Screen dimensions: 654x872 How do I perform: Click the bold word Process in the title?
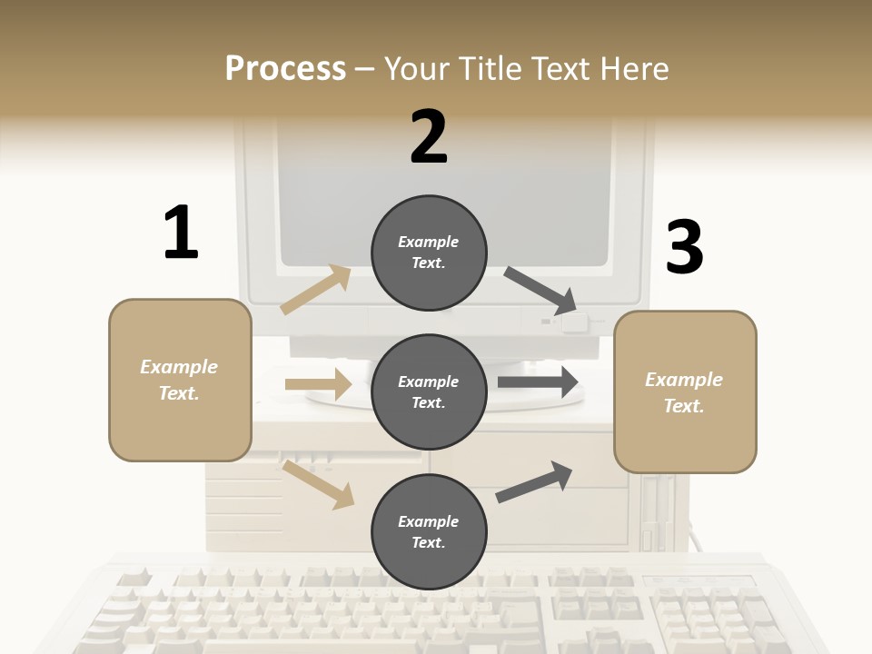pos(285,69)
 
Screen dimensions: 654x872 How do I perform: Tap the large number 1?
pos(181,233)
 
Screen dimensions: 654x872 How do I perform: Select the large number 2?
pos(429,137)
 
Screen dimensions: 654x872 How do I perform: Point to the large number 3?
pos(684,247)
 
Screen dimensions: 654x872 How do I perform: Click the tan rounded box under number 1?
pos(180,380)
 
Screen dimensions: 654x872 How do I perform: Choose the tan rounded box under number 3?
pos(685,392)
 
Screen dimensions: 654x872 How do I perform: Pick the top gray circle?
pos(429,253)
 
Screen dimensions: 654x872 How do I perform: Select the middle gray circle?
pos(429,391)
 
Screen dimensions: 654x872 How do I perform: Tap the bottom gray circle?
pos(429,531)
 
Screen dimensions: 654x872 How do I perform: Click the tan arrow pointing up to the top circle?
pos(316,289)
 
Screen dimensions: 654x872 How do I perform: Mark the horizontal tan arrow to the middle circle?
pos(318,384)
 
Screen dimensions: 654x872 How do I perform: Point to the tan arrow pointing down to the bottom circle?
pos(318,483)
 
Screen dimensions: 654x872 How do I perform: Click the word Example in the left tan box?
pos(179,367)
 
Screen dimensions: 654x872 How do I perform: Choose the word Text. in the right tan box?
pos(684,406)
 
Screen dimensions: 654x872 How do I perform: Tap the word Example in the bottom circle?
pos(428,521)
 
